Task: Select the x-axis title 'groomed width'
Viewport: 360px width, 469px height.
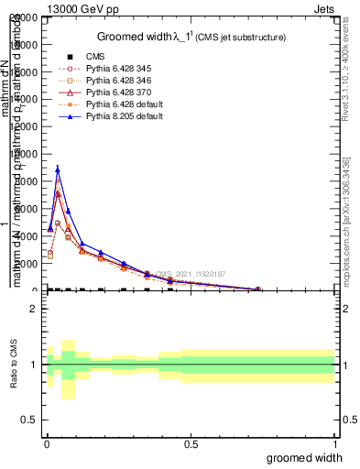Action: coord(310,456)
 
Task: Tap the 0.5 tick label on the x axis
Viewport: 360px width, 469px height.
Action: coord(190,443)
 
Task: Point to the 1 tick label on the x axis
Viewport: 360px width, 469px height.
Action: coord(335,443)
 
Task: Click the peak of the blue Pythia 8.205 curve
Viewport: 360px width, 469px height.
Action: coord(58,169)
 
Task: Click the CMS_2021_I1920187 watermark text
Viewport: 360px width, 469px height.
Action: coord(191,274)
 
